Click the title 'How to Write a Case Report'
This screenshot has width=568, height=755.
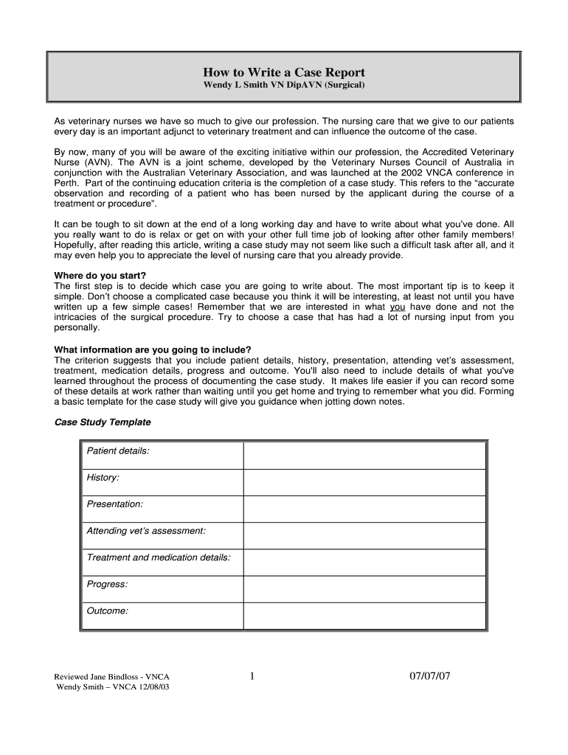(x=284, y=72)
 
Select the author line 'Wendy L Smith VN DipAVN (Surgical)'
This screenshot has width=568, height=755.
(x=284, y=86)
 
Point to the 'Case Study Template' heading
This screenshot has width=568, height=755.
(x=103, y=422)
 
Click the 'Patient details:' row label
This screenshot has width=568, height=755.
(x=118, y=450)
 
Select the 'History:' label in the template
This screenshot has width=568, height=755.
(x=103, y=478)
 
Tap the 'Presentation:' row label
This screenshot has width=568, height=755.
(x=115, y=504)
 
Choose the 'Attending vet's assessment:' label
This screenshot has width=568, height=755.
(x=146, y=531)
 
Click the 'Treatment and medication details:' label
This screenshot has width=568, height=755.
(x=159, y=557)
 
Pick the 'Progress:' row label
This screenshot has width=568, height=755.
(x=107, y=585)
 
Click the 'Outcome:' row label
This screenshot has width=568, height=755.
(x=108, y=611)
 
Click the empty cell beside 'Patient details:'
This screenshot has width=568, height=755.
(x=364, y=455)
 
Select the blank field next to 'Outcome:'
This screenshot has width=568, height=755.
(x=364, y=616)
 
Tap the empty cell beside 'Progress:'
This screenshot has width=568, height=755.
(x=364, y=589)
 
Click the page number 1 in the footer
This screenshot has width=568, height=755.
(x=252, y=676)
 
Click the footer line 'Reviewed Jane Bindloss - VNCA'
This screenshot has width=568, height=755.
(x=113, y=677)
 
